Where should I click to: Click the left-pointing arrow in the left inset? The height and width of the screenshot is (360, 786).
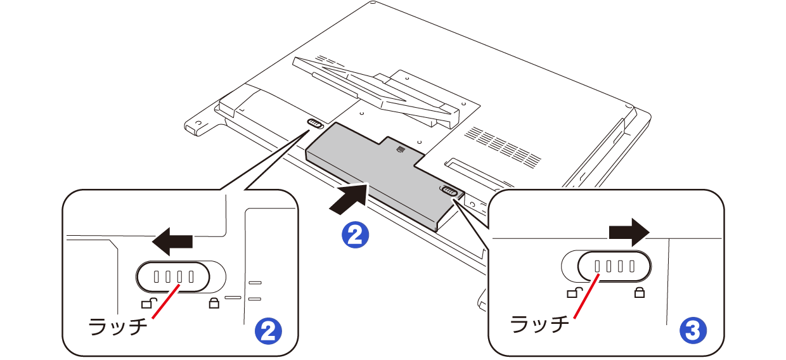[x=172, y=241]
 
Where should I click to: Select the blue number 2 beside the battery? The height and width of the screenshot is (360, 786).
[x=355, y=235]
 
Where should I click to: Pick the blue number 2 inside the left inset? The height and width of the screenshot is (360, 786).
[x=268, y=331]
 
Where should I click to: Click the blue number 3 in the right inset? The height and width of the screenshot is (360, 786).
[x=693, y=330]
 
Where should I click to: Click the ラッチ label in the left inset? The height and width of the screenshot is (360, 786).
[x=118, y=326]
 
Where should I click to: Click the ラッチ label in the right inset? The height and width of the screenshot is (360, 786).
[x=539, y=323]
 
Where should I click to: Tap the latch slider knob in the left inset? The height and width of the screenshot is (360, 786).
[x=173, y=277]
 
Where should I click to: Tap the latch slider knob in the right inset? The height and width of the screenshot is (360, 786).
[x=614, y=266]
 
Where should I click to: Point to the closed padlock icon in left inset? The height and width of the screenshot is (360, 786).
[x=214, y=303]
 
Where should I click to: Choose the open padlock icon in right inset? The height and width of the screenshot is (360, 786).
[x=574, y=292]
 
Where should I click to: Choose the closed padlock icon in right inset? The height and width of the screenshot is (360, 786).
[x=640, y=293]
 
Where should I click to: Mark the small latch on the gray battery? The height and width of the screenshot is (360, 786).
[x=448, y=191]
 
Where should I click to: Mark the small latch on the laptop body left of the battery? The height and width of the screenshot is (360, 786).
[x=315, y=124]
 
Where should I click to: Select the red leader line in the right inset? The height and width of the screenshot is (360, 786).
[x=586, y=296]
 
